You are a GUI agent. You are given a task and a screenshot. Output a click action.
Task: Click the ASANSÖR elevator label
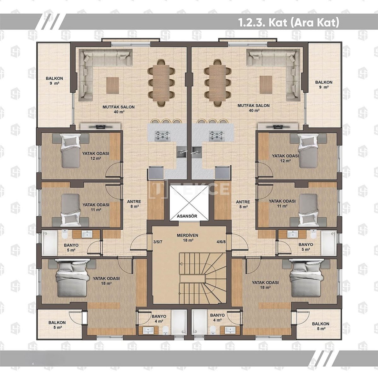(187, 216)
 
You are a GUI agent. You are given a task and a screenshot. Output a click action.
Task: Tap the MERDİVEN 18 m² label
(187, 238)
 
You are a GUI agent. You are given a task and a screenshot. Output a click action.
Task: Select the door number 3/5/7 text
(158, 242)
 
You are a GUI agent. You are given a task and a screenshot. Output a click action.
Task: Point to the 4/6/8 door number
(221, 242)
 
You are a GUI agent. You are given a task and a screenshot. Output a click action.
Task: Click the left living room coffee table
(112, 85)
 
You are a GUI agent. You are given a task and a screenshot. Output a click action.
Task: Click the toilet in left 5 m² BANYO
(65, 234)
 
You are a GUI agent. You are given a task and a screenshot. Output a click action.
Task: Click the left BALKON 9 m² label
(54, 81)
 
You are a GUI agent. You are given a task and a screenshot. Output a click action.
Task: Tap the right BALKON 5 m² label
(321, 326)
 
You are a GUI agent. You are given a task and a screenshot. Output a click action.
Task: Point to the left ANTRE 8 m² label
(134, 204)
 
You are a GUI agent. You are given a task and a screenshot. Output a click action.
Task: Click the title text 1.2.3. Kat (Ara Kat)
(288, 23)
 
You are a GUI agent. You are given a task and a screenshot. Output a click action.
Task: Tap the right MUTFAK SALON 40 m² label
(254, 108)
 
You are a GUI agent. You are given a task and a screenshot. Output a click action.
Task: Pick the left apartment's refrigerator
(156, 172)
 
